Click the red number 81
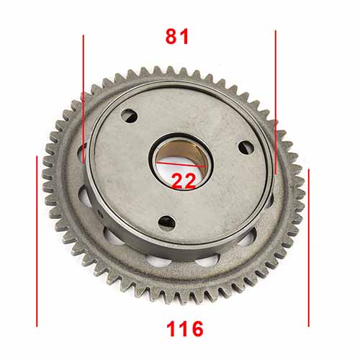pos(177,37)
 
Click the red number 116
pos(184,330)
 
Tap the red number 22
pos(184,181)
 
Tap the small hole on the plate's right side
pos(245,148)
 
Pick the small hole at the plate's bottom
pos(166,221)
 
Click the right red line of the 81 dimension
pos(275,101)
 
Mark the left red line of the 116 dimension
pos(37,238)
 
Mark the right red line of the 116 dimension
pos(308,245)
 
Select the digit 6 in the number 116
pos(196,330)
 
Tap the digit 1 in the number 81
pos(185,37)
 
